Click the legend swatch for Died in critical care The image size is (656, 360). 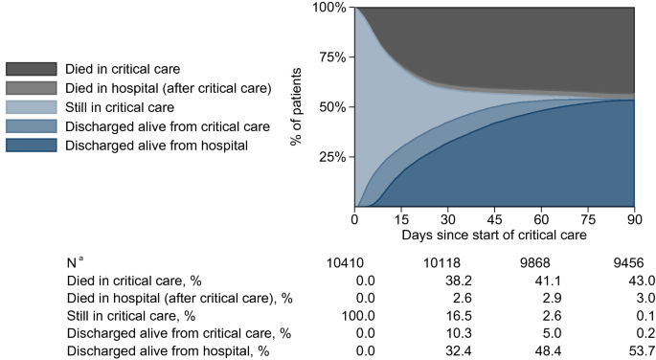tap(31, 69)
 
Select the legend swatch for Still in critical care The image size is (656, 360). tap(31, 107)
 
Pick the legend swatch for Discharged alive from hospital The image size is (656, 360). tap(31, 146)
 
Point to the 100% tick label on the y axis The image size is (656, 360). tap(330, 8)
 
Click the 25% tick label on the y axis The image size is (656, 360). tap(334, 157)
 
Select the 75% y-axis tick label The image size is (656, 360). tap(334, 57)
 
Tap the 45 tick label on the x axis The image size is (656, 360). tap(494, 218)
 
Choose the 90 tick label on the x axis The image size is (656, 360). tap(634, 218)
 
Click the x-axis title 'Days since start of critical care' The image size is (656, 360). tap(494, 234)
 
